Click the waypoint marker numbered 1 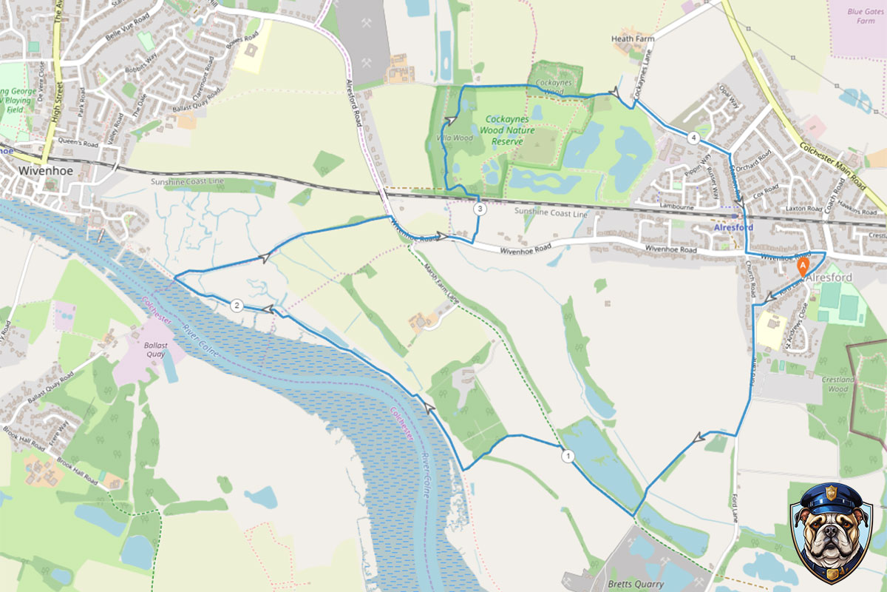pyautogui.click(x=568, y=456)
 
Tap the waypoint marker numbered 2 pyautogui.click(x=237, y=306)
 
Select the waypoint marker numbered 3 pyautogui.click(x=480, y=209)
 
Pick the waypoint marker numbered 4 pyautogui.click(x=693, y=138)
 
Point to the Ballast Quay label pyautogui.click(x=155, y=349)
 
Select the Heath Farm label pyautogui.click(x=633, y=38)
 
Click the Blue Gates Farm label pyautogui.click(x=866, y=16)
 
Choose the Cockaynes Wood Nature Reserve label pyautogui.click(x=502, y=129)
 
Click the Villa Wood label pyautogui.click(x=455, y=138)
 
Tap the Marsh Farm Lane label pyautogui.click(x=443, y=284)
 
